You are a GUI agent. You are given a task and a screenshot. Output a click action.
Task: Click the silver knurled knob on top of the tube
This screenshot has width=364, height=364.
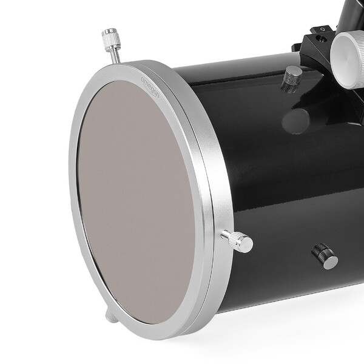click(x=292, y=75)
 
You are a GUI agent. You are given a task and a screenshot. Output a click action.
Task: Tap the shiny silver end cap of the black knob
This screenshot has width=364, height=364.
click(x=330, y=261)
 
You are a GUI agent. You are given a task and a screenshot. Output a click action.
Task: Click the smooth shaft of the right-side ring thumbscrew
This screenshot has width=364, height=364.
click(x=228, y=236)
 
